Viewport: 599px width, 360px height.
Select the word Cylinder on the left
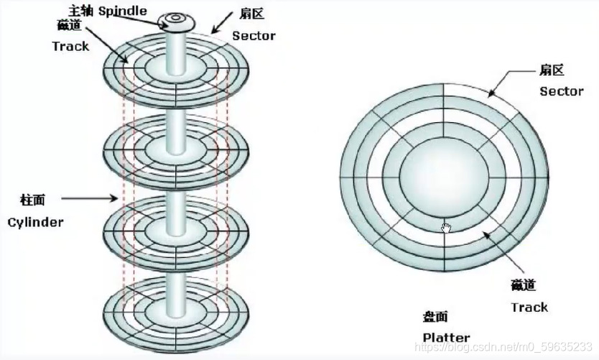pyautogui.click(x=35, y=222)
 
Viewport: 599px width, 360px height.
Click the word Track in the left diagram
pyautogui.click(x=70, y=46)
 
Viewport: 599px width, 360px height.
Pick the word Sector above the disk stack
pyautogui.click(x=253, y=36)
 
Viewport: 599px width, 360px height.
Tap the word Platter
pyautogui.click(x=445, y=337)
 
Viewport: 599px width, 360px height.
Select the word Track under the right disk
pyautogui.click(x=529, y=308)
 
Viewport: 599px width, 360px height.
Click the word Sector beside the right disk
pyautogui.click(x=562, y=91)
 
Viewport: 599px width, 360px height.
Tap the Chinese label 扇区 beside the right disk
pyautogui.click(x=551, y=70)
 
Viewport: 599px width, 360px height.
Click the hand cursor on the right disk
pyautogui.click(x=446, y=228)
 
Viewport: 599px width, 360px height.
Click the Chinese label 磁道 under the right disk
pyautogui.click(x=524, y=285)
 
